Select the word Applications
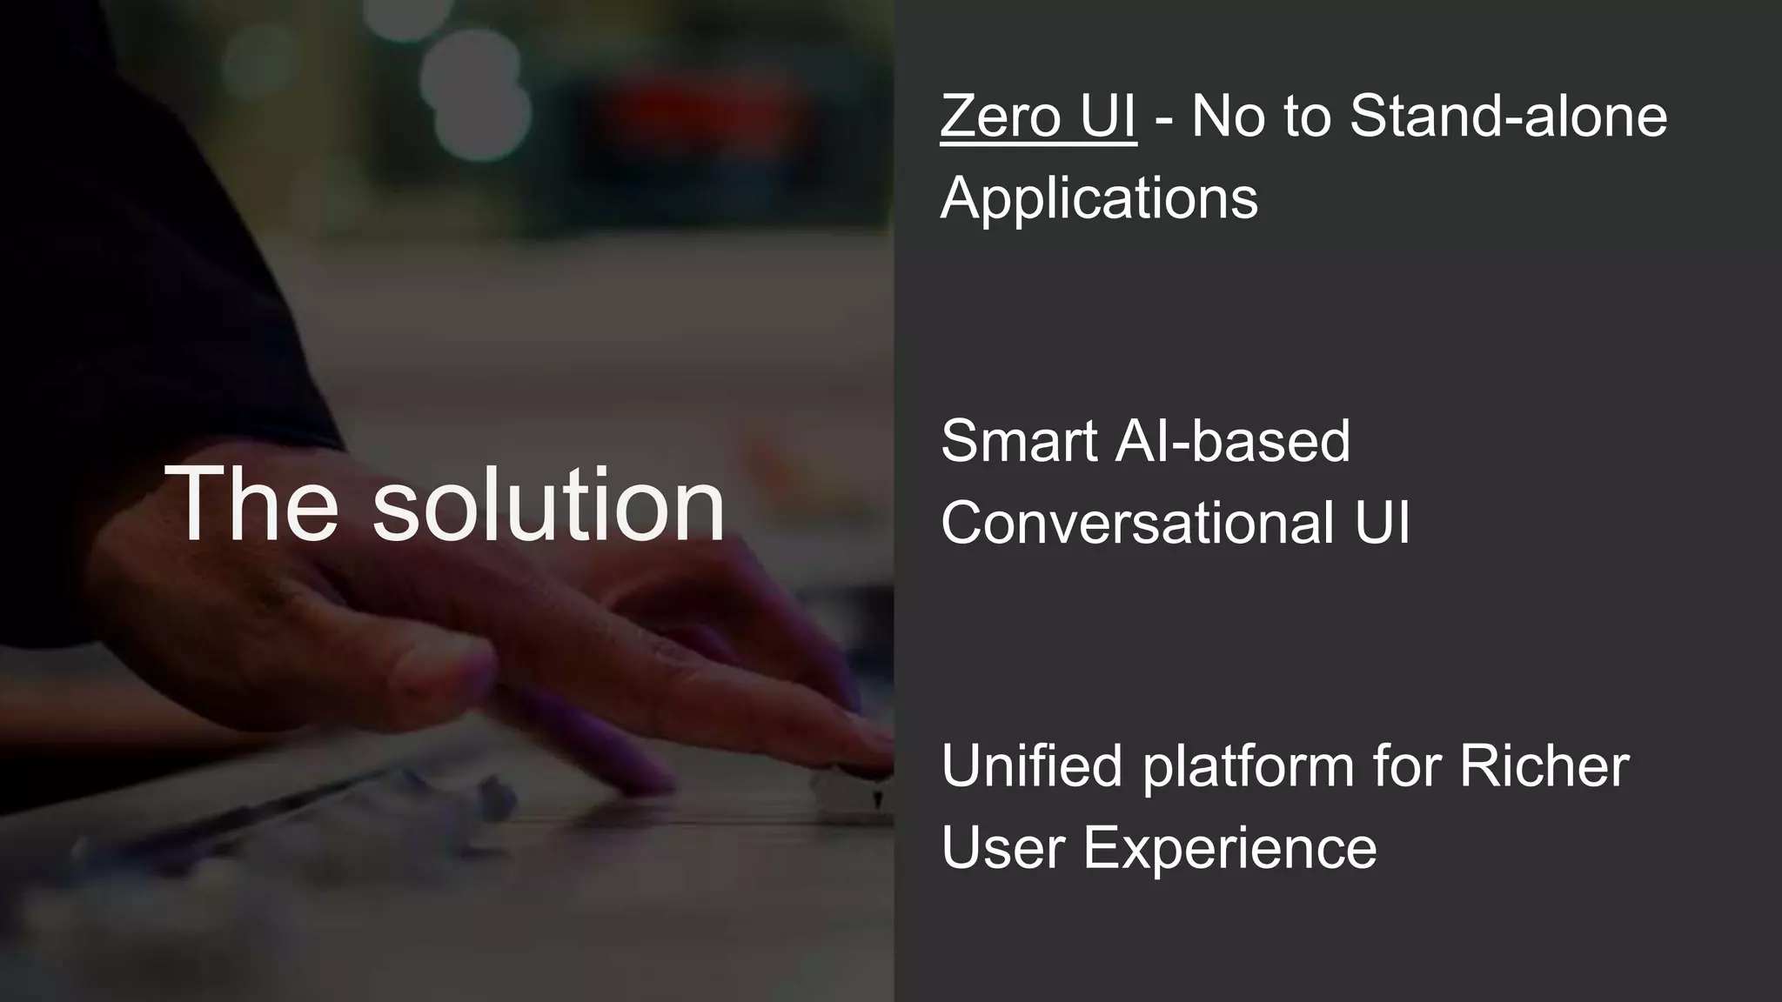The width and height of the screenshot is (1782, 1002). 1099,198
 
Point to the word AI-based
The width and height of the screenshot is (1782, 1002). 1232,441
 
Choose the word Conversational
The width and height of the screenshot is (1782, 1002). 1137,523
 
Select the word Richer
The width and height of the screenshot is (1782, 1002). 1544,766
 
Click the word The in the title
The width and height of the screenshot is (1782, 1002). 251,504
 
